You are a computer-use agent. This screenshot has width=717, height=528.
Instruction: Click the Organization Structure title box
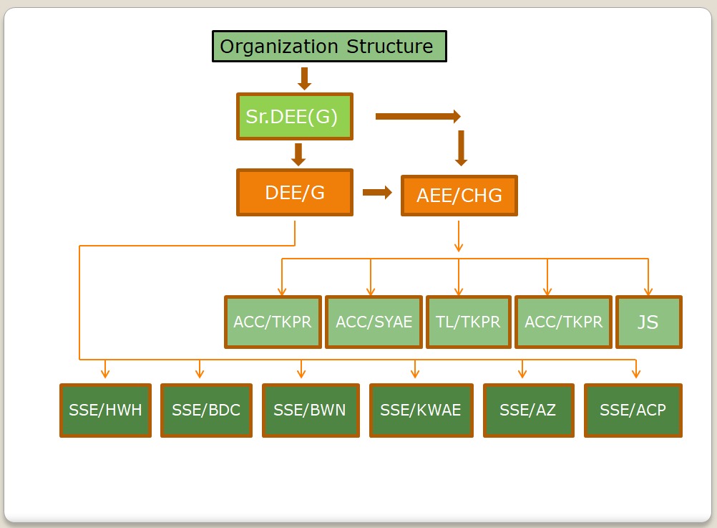[329, 47]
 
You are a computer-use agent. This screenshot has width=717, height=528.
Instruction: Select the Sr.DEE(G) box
[295, 116]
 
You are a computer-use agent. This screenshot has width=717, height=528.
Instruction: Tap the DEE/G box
[295, 192]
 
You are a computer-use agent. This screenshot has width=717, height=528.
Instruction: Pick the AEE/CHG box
[459, 196]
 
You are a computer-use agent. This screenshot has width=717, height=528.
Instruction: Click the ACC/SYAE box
[374, 322]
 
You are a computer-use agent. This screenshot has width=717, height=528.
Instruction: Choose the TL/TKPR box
[468, 322]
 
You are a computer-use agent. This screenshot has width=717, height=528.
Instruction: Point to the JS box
[649, 322]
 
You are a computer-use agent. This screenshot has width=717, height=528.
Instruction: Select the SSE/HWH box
[106, 411]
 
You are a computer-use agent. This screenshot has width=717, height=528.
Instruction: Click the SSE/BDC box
[206, 411]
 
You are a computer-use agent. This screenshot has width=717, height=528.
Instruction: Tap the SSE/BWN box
[311, 411]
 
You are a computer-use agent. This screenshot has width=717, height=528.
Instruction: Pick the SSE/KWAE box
[421, 411]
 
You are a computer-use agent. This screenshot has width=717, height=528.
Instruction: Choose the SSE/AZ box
[529, 411]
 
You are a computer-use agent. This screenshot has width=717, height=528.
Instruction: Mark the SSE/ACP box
[633, 411]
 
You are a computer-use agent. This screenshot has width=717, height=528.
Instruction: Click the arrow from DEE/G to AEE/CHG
[377, 192]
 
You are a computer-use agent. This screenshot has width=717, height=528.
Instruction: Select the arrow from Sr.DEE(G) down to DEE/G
[298, 154]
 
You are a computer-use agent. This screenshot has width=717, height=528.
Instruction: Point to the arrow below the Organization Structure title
[305, 79]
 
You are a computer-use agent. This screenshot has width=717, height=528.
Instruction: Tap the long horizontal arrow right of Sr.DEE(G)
[418, 116]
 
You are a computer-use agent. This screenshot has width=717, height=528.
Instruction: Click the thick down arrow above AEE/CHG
[461, 148]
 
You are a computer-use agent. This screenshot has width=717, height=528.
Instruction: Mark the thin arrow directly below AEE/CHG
[459, 236]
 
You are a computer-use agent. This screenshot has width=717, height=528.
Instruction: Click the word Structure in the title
[389, 47]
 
